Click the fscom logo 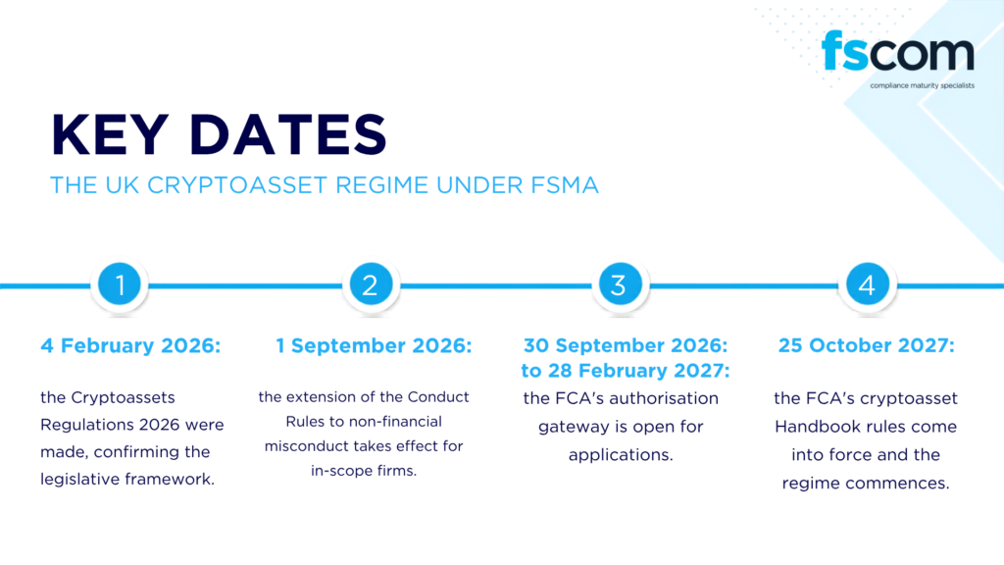pyautogui.click(x=898, y=51)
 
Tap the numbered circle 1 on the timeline pyautogui.click(x=120, y=283)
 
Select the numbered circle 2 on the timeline pyautogui.click(x=371, y=283)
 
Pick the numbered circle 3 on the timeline pyautogui.click(x=620, y=283)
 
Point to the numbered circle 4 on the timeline pyautogui.click(x=868, y=283)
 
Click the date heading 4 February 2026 pyautogui.click(x=130, y=346)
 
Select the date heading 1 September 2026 pyautogui.click(x=374, y=346)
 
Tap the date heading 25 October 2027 pyautogui.click(x=867, y=346)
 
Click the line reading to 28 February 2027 pyautogui.click(x=625, y=371)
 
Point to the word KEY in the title pyautogui.click(x=110, y=134)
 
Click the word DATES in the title pyautogui.click(x=288, y=134)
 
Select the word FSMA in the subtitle pyautogui.click(x=564, y=185)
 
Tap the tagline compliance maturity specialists pyautogui.click(x=922, y=85)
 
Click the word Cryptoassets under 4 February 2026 pyautogui.click(x=123, y=398)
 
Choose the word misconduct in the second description pyautogui.click(x=306, y=446)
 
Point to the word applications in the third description pyautogui.click(x=621, y=455)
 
